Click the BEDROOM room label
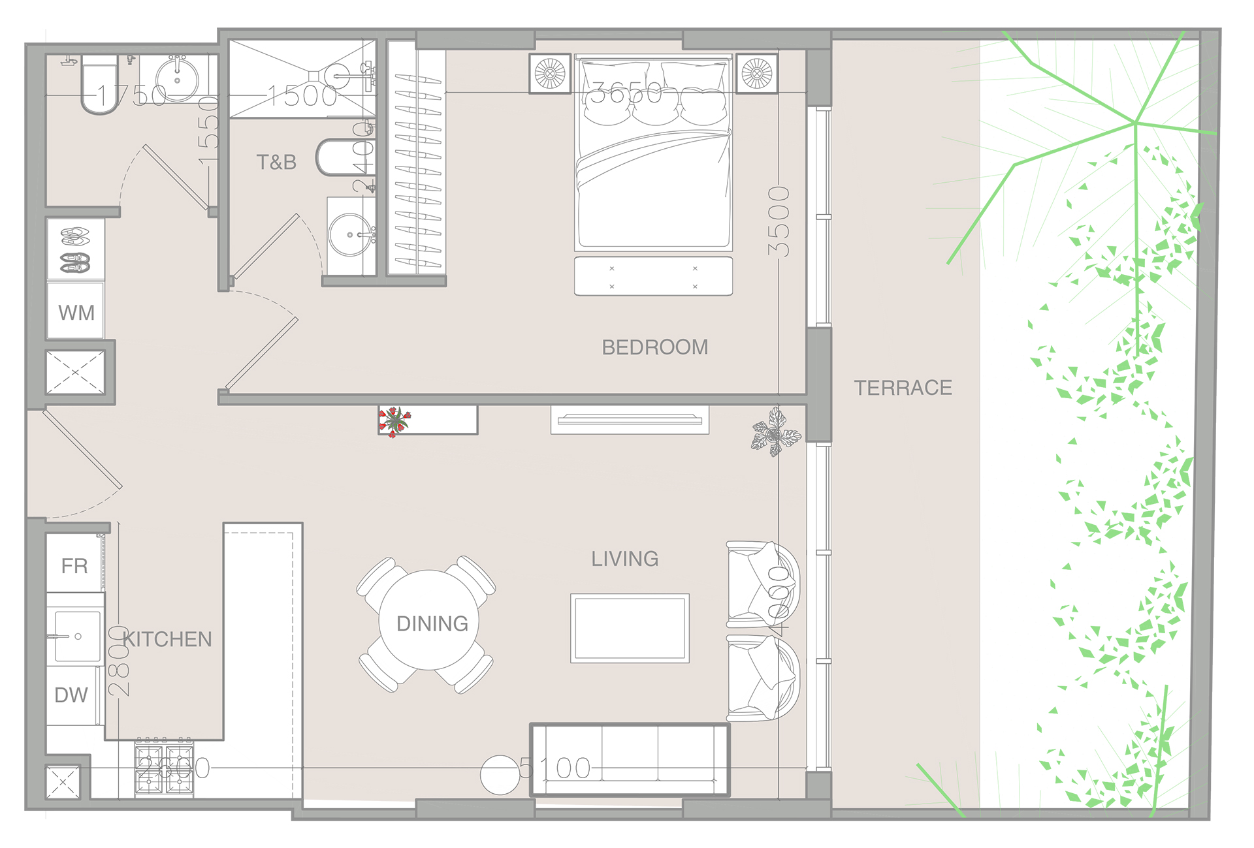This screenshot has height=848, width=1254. pos(654,347)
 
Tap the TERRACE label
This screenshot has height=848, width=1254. pos(903,388)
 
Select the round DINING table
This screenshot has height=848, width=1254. pos(429,621)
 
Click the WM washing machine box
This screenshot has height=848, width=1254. pos(76,311)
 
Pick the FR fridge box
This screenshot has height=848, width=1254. pos(74,565)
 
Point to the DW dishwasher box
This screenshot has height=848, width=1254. pos(71,695)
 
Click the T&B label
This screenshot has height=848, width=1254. pos(276,162)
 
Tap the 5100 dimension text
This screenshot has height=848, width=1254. pos(555,768)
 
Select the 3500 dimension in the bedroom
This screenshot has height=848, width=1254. pos(779,222)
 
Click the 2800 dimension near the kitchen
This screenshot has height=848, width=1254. pos(119,661)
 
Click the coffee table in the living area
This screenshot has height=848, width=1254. pos(630,627)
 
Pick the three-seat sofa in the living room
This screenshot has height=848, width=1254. pos(630,759)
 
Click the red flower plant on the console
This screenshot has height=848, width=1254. pos(394,420)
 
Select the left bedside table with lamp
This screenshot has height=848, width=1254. pos(549,73)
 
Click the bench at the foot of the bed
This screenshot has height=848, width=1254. pos(653,277)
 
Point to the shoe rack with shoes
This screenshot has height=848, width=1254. pos(76,249)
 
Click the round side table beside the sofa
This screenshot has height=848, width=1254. pos(500,775)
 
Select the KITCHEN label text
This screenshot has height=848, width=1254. pos(168,638)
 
